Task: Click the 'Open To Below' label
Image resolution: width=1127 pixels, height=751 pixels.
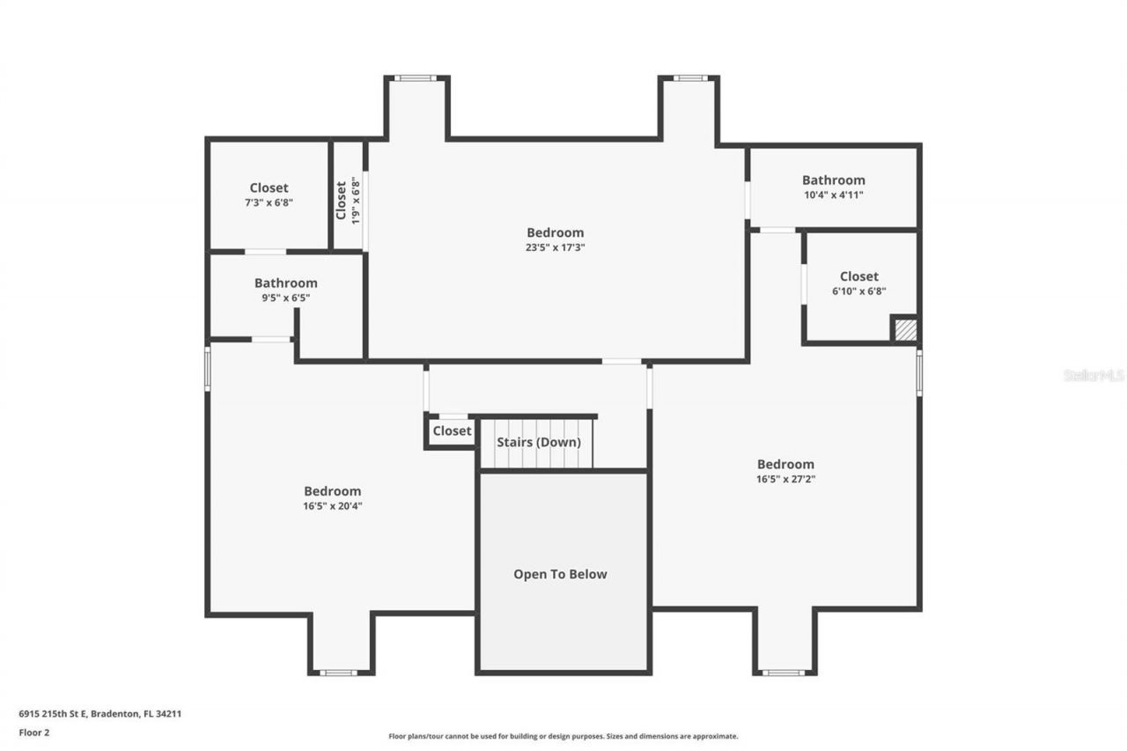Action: [560, 574]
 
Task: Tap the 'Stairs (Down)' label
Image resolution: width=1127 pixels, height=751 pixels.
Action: [539, 442]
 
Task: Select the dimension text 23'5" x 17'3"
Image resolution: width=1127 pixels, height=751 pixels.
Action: [555, 247]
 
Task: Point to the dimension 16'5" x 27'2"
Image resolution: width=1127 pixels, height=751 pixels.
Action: [785, 480]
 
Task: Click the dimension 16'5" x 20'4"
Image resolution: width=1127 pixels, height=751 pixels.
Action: [332, 506]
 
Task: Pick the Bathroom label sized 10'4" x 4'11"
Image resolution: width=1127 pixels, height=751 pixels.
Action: [833, 180]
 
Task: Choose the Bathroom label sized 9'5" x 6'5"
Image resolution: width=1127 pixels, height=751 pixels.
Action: [285, 283]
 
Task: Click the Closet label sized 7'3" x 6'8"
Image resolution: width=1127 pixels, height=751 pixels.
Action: [269, 188]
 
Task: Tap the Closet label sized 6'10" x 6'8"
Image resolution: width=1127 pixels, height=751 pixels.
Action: [858, 276]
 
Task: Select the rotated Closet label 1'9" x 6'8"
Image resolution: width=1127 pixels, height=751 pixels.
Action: [341, 201]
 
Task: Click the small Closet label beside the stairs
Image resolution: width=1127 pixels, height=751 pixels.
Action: [452, 431]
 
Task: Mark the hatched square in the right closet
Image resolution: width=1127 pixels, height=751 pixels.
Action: [905, 330]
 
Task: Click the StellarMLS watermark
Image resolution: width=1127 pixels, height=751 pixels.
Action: [1094, 375]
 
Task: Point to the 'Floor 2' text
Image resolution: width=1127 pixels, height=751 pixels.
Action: [34, 732]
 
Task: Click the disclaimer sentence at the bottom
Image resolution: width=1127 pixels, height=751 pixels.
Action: [563, 736]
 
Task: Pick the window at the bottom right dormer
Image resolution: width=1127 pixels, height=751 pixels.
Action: [783, 673]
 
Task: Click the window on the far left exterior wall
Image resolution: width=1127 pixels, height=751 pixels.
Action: [208, 368]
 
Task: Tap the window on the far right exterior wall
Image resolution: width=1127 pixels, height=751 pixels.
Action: [919, 372]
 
